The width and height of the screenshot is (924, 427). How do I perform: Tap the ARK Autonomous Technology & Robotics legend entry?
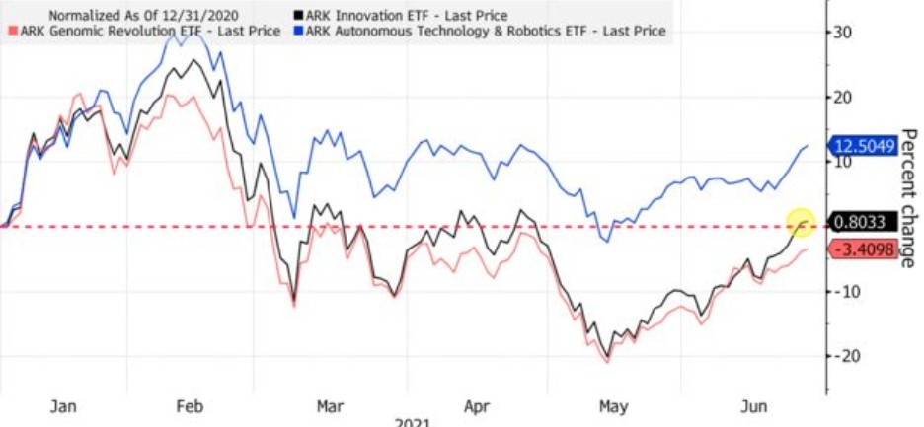click(x=484, y=32)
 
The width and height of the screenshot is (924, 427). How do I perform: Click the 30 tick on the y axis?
click(x=843, y=33)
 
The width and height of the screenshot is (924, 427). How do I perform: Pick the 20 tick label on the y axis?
click(x=843, y=98)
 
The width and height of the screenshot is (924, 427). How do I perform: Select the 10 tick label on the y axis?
click(x=843, y=162)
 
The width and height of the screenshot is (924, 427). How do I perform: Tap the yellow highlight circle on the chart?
click(x=799, y=224)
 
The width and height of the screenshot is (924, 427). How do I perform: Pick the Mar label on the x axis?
click(x=329, y=405)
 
